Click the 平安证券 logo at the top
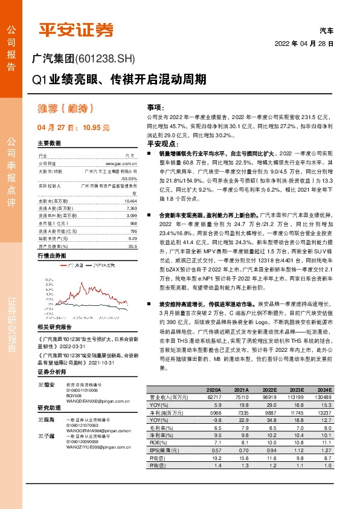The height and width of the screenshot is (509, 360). point(76,30)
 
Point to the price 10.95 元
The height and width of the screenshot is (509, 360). point(95,128)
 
